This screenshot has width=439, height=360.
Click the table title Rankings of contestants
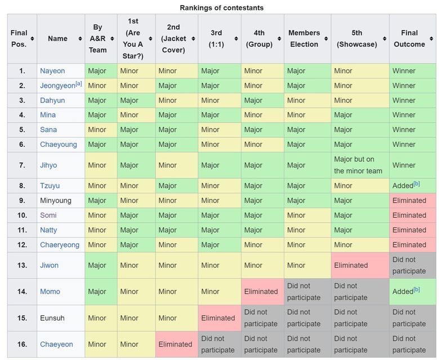[221, 8]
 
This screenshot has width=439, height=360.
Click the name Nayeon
[52, 71]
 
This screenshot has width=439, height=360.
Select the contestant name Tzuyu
[50, 186]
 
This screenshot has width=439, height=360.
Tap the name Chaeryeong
[60, 245]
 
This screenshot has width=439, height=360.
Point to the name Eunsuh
[52, 318]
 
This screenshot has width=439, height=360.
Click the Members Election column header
[304, 39]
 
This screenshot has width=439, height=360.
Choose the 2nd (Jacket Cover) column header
[173, 39]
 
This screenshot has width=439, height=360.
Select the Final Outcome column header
[409, 39]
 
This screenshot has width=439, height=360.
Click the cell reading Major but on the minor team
[358, 165]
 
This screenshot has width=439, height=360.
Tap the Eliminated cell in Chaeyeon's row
[175, 344]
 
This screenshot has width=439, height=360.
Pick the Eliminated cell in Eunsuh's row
[218, 318]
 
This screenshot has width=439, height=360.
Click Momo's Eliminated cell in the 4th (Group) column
[261, 291]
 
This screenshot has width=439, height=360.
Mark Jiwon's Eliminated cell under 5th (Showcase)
[351, 265]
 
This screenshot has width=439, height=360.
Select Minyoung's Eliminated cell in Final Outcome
[409, 200]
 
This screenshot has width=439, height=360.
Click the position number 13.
[22, 265]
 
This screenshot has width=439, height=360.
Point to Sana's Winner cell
[404, 129]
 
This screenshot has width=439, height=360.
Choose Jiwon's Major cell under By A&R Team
[97, 265]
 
